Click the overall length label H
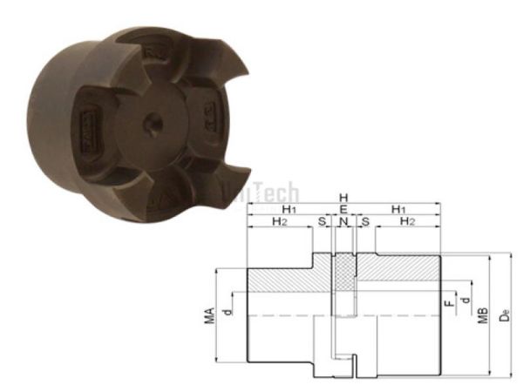click(x=343, y=198)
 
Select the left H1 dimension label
click(x=287, y=211)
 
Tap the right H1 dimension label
click(x=399, y=211)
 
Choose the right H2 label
click(x=406, y=224)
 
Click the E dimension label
click(x=343, y=211)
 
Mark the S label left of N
click(x=323, y=224)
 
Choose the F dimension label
click(x=449, y=304)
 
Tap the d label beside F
click(x=465, y=301)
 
